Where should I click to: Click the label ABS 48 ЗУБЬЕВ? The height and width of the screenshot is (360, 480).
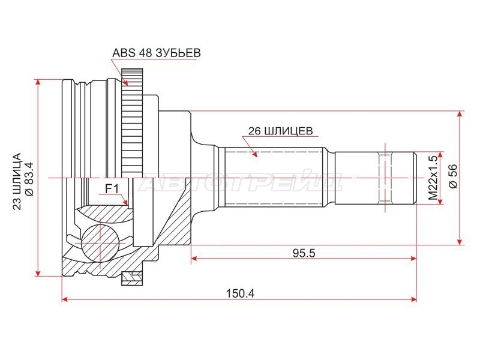pyautogui.click(x=157, y=53)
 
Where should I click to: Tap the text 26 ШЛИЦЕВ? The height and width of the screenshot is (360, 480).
pyautogui.click(x=280, y=131)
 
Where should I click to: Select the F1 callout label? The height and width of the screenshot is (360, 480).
pyautogui.click(x=112, y=189)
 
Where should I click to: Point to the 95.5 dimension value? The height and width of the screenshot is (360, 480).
pyautogui.click(x=304, y=253)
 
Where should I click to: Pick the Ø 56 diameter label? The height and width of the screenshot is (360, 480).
pyautogui.click(x=453, y=176)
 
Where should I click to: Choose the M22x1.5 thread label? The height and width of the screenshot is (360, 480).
pyautogui.click(x=433, y=178)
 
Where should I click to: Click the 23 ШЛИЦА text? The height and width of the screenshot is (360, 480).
pyautogui.click(x=17, y=181)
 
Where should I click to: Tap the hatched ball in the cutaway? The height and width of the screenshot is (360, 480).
pyautogui.click(x=100, y=243)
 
